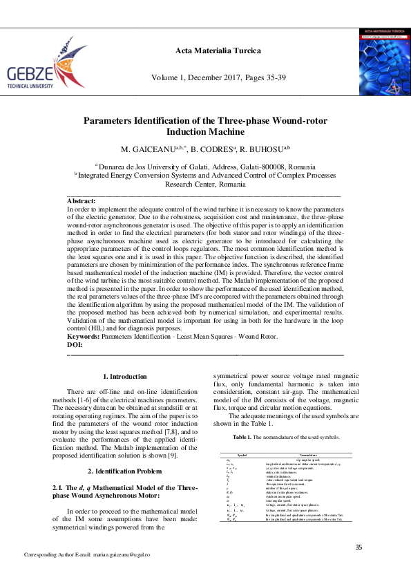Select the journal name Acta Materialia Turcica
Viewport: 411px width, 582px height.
click(209, 51)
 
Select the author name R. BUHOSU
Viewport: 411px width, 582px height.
click(266, 149)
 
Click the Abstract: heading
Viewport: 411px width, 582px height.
click(81, 201)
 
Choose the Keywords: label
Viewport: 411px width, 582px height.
click(83, 337)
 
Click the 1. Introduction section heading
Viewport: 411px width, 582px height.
click(124, 377)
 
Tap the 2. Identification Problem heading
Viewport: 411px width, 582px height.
click(125, 451)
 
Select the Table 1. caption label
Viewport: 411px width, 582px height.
click(242, 438)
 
